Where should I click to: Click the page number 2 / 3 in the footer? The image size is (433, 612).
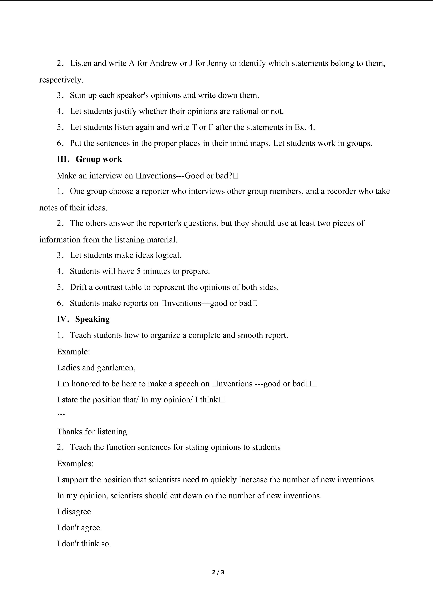218,572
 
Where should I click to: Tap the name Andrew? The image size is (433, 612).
164,63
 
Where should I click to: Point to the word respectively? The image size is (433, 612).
61,80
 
